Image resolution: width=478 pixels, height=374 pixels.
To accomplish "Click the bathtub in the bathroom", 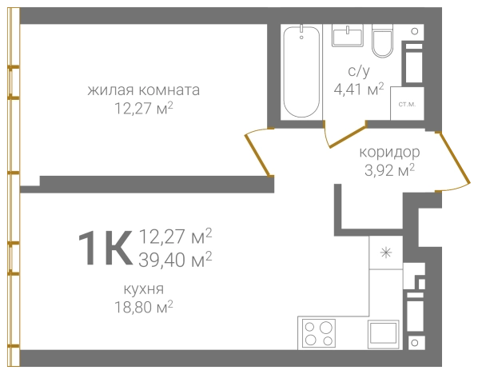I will [x=301, y=73].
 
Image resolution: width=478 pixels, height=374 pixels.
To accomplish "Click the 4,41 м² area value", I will [x=359, y=89].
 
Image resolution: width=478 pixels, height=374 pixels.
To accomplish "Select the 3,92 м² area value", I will [x=388, y=169].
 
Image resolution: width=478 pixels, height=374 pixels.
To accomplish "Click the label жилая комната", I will [x=144, y=90].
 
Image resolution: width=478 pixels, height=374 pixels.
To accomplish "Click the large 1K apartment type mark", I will [x=104, y=247].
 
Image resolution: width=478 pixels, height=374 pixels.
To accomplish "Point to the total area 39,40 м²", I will [x=175, y=257].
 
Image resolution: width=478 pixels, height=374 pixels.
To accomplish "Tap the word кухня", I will [x=143, y=288].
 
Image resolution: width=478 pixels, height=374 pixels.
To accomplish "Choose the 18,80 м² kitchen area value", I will [x=144, y=305].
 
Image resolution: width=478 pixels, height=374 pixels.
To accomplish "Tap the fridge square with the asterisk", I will [x=385, y=253].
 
